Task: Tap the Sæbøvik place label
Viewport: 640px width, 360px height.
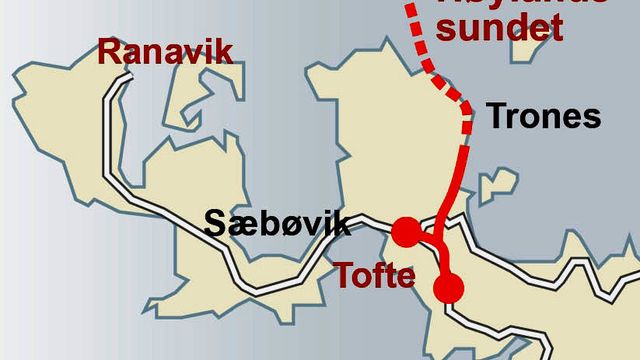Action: pyautogui.click(x=277, y=222)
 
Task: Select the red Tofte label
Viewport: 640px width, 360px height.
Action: pyautogui.click(x=374, y=274)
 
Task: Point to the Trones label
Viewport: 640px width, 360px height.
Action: pyautogui.click(x=543, y=117)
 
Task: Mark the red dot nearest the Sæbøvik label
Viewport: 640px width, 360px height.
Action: pyautogui.click(x=405, y=233)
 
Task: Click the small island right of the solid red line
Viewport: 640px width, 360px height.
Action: pyautogui.click(x=496, y=187)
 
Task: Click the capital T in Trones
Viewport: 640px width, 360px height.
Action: pyautogui.click(x=495, y=117)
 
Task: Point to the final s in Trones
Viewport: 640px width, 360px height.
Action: pyautogui.click(x=592, y=119)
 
